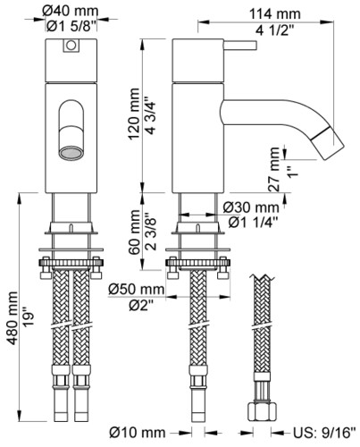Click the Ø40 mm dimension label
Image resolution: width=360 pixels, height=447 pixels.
click(x=71, y=12)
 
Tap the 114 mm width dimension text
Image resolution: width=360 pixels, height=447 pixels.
click(x=275, y=14)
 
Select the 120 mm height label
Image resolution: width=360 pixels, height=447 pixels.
click(x=133, y=114)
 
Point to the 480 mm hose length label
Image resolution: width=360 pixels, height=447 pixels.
click(x=12, y=318)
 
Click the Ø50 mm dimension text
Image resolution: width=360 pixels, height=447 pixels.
click(x=136, y=289)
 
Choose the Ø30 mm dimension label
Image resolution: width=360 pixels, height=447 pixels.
click(x=251, y=207)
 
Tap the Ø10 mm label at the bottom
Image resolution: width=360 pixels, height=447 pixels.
click(x=137, y=433)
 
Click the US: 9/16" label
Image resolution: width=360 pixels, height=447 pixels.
click(x=324, y=433)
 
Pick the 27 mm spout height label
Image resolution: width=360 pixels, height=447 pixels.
click(x=274, y=169)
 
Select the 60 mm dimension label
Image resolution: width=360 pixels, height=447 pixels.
click(x=135, y=232)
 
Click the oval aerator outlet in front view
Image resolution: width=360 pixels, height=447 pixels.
click(x=71, y=153)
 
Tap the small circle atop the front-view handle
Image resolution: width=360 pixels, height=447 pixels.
click(x=71, y=46)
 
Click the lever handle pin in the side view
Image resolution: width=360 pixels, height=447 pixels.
click(x=240, y=46)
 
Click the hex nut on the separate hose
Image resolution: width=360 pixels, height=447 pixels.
click(x=262, y=410)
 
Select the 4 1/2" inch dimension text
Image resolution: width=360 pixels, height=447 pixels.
click(x=275, y=30)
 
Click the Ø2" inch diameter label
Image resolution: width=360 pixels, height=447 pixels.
click(x=141, y=305)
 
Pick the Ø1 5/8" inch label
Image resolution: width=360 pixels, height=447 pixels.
click(x=71, y=26)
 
